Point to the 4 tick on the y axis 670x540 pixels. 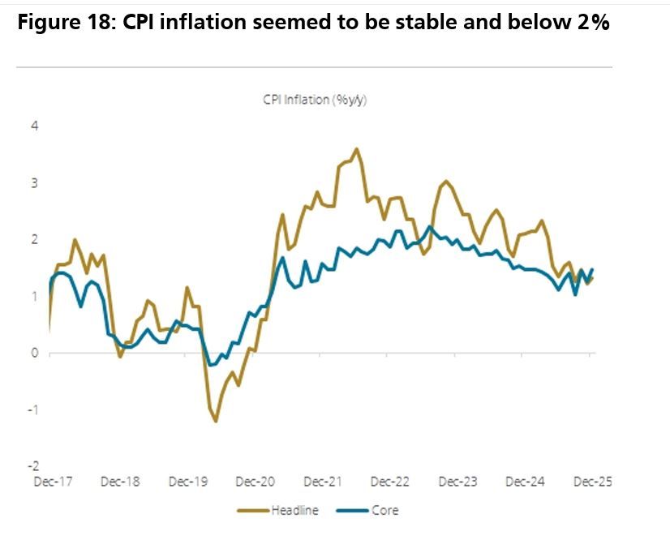pos(35,126)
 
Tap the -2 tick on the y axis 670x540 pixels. pos(33,466)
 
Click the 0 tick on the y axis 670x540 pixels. pos(35,353)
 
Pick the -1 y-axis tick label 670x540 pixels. pos(33,409)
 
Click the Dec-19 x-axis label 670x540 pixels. pos(187,482)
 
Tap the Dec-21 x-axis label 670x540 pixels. pos(323,482)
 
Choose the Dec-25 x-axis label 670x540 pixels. pos(593,482)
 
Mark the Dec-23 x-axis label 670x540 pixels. pos(458,482)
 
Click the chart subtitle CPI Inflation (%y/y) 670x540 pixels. pos(316,101)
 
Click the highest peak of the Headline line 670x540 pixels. pos(357,148)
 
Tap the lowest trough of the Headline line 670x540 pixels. pos(216,421)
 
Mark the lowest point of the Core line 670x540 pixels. pos(212,365)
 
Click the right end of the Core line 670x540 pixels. pos(592,269)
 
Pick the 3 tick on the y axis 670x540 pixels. pos(35,183)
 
